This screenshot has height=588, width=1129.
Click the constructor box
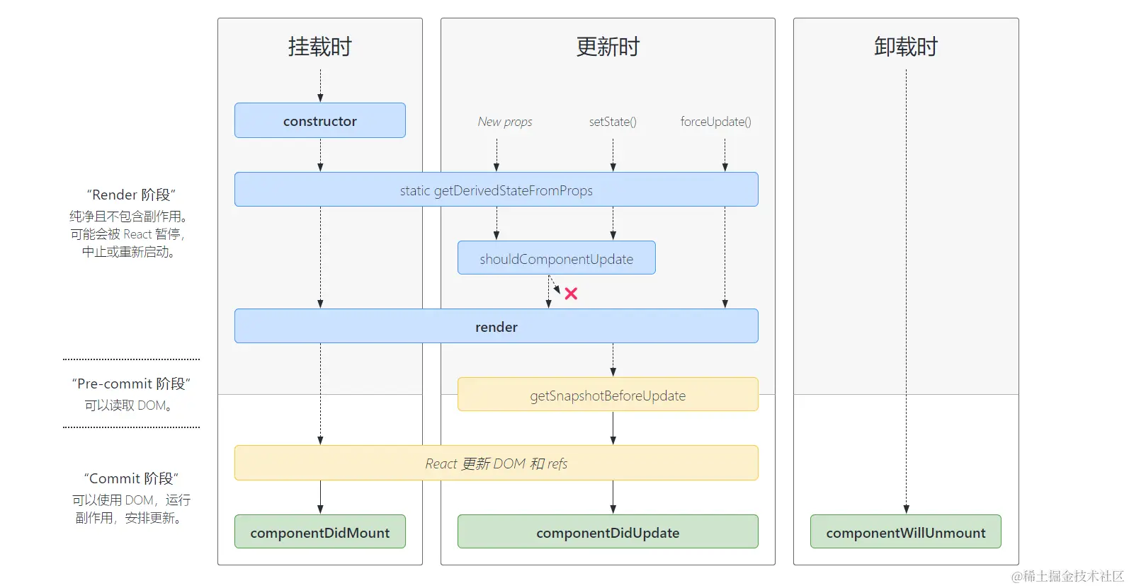point(320,121)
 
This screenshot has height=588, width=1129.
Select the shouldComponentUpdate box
point(556,259)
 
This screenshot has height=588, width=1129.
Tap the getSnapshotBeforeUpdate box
point(608,396)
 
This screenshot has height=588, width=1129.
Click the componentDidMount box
point(320,533)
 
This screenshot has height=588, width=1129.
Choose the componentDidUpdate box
point(608,533)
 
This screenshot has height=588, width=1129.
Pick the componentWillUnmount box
point(905,533)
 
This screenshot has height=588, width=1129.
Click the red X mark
point(571,294)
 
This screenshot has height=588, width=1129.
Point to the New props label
point(505,122)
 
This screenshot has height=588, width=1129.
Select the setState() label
point(613,122)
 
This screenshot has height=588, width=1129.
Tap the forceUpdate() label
point(715,122)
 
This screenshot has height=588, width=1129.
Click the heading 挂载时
point(320,47)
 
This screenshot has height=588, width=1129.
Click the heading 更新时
point(608,47)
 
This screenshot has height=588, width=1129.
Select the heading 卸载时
point(905,47)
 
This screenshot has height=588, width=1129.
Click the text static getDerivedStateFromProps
point(496,190)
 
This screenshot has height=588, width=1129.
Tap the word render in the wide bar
point(496,327)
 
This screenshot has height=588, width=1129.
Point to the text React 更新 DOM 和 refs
point(496,463)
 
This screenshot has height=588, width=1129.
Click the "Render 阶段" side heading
point(131,195)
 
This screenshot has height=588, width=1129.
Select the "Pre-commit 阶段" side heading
point(131,384)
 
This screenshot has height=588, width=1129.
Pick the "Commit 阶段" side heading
point(131,478)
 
